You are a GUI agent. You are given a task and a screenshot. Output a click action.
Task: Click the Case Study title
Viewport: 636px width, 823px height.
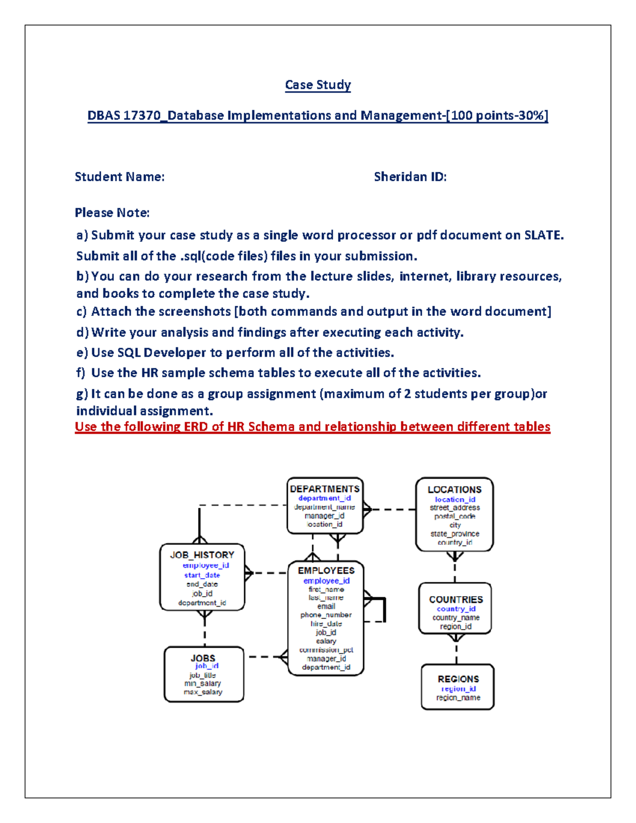[x=318, y=85]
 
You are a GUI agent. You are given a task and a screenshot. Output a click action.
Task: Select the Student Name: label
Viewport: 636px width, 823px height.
[x=119, y=177]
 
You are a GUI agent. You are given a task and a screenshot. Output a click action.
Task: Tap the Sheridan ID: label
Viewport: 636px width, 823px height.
[x=410, y=177]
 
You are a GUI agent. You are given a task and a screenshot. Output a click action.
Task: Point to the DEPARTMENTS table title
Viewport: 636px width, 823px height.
[x=324, y=489]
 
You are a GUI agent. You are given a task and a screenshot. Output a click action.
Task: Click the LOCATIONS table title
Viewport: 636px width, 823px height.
[x=455, y=490]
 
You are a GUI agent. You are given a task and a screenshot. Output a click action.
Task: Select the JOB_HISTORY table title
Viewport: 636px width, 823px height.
[x=202, y=555]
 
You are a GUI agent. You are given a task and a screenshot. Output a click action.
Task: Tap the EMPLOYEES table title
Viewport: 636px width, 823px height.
[x=326, y=570]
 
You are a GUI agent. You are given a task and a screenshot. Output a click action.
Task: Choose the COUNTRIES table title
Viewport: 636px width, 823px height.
[x=456, y=599]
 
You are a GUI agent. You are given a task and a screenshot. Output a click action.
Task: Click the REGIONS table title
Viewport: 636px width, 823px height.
[x=458, y=679]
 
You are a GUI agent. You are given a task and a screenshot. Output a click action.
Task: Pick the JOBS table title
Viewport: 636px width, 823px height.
[x=203, y=658]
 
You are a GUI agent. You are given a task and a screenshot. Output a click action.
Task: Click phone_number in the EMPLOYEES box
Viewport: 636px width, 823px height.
[x=326, y=615]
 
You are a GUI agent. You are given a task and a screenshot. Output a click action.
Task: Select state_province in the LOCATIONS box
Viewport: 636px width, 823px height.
[x=455, y=534]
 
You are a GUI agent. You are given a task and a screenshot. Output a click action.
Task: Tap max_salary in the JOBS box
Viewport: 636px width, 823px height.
[x=203, y=692]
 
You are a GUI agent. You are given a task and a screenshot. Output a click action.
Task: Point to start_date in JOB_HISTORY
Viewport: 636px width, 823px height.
[x=202, y=575]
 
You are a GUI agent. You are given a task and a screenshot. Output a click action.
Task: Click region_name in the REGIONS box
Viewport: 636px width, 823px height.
[x=458, y=697]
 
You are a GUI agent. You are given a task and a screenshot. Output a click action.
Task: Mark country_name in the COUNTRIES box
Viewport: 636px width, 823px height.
[x=456, y=617]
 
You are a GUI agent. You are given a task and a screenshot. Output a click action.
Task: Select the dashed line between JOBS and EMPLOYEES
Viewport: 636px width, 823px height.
[x=264, y=657]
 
